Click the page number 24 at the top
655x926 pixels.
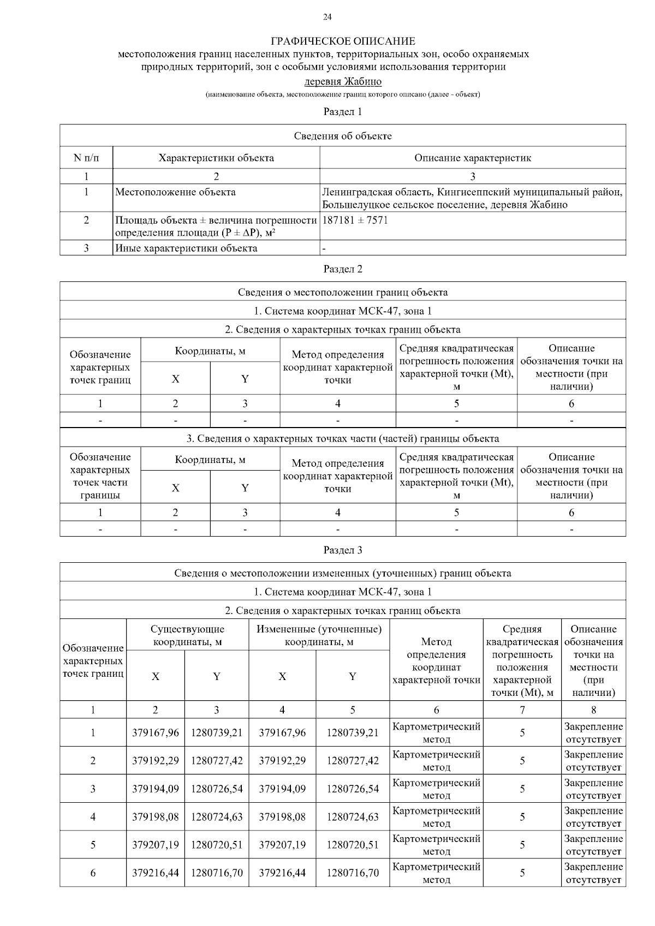[327, 17]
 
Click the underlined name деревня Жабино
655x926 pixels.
[342, 82]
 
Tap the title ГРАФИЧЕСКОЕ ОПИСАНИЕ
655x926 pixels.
[343, 41]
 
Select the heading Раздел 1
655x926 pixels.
[343, 112]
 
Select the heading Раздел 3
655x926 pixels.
[343, 550]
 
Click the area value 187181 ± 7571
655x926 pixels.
[355, 220]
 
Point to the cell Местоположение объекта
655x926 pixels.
[176, 192]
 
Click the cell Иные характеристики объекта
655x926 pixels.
[186, 248]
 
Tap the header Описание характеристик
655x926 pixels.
[472, 158]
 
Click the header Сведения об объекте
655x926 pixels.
[343, 136]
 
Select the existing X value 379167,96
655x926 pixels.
[156, 733]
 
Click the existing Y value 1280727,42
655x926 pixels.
[217, 761]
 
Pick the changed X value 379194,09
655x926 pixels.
[282, 789]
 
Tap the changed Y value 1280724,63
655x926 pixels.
[353, 817]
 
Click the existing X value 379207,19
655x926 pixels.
[156, 845]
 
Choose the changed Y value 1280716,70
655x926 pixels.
[353, 873]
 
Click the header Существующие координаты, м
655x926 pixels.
[187, 635]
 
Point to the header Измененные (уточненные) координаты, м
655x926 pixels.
[319, 635]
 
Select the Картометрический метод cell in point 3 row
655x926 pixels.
[436, 789]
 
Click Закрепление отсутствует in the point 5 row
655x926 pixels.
[593, 845]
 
